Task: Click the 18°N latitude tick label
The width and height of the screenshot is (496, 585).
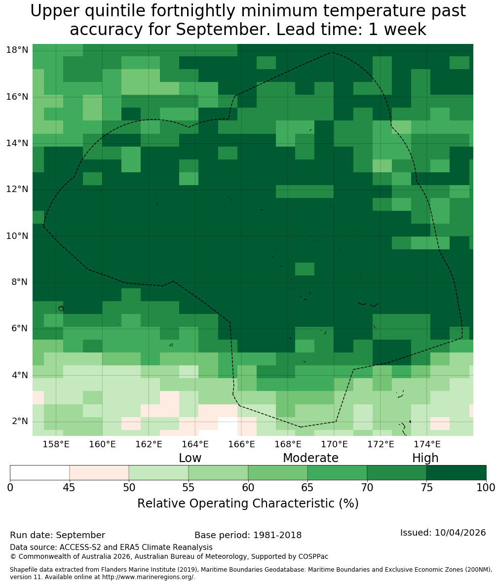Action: (17, 50)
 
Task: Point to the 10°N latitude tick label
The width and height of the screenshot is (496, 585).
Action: (17, 236)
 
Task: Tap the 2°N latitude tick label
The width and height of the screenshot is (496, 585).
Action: (20, 421)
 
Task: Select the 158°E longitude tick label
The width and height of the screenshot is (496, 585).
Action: (56, 444)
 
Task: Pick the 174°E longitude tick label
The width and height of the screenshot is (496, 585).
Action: (427, 444)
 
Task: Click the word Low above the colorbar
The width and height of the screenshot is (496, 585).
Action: (190, 458)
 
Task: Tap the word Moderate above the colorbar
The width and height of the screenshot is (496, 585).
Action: (310, 458)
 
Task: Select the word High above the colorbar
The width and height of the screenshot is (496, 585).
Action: (425, 458)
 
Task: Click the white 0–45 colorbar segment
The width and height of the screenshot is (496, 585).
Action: (40, 473)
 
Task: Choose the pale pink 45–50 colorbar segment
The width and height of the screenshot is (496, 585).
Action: (99, 473)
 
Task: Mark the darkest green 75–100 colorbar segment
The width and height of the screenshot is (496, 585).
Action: (456, 473)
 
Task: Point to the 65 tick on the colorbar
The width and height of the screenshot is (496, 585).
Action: (307, 487)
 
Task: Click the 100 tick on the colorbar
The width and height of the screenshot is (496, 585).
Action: (486, 487)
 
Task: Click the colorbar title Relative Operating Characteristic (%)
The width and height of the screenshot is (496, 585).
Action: (248, 503)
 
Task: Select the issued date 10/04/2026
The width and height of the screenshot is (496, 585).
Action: (460, 532)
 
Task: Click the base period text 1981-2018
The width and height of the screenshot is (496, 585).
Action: (277, 535)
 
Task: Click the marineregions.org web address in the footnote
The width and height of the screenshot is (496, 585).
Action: (148, 577)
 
